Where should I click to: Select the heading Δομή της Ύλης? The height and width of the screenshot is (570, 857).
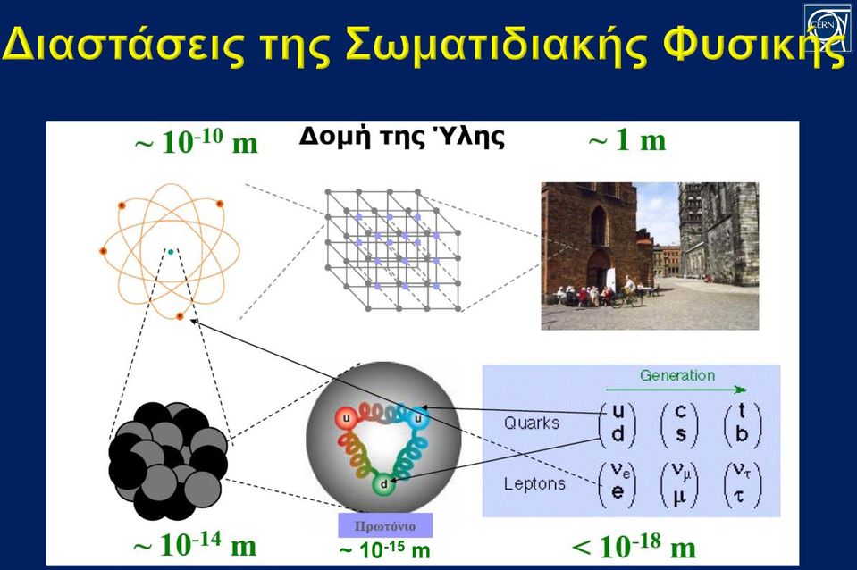tap(402, 136)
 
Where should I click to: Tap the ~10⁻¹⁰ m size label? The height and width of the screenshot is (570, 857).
tap(197, 141)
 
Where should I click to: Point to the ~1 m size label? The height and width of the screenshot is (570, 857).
tap(627, 140)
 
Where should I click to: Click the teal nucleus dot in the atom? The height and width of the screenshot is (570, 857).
tap(171, 252)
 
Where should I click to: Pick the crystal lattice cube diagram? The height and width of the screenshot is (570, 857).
tap(392, 250)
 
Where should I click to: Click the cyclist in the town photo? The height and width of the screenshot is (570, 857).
tap(628, 291)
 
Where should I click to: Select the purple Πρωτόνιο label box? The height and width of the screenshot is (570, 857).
tap(385, 525)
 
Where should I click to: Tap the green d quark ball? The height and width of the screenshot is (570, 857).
tap(383, 483)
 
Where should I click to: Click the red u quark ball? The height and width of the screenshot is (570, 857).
tap(346, 419)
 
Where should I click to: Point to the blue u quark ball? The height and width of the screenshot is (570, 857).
tap(418, 418)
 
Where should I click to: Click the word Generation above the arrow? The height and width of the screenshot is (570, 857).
tap(677, 375)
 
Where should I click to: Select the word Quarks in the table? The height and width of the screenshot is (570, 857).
tap(531, 423)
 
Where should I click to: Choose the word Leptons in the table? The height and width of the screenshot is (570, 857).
tap(534, 483)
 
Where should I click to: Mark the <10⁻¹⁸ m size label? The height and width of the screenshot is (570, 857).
tap(634, 547)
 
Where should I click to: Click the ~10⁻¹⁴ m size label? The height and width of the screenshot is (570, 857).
tap(195, 544)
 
